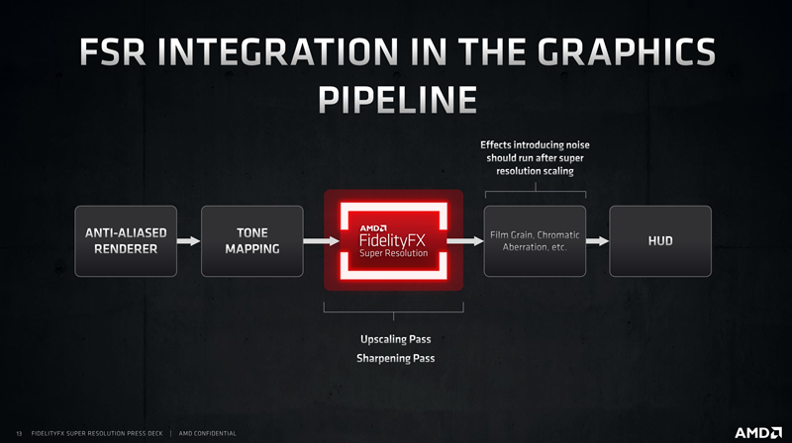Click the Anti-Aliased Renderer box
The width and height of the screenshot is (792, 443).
pos(126,240)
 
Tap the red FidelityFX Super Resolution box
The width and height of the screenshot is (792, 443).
pos(394,240)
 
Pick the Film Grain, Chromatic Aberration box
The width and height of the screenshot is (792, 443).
pos(535,240)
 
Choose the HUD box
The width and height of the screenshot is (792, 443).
pos(660,240)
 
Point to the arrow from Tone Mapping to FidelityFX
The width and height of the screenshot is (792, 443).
pos(317,240)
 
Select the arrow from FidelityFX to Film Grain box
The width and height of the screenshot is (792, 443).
pos(461,240)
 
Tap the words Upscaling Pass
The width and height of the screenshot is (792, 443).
pos(395,340)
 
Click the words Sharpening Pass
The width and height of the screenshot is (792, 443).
pos(395,358)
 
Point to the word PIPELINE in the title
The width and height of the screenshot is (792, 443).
pos(395,100)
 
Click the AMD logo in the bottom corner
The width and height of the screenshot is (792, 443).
pos(757,432)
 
